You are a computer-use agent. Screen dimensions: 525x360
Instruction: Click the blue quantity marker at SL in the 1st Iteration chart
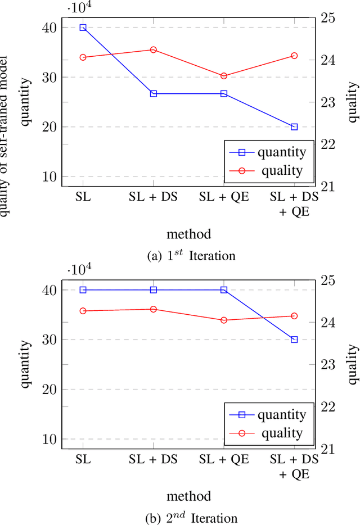pos(83,27)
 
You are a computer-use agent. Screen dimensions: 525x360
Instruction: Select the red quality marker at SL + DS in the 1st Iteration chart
pos(154,49)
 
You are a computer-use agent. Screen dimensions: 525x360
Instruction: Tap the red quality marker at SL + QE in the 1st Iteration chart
pos(224,76)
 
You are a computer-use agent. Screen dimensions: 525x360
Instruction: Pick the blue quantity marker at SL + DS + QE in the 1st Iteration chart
pos(294,127)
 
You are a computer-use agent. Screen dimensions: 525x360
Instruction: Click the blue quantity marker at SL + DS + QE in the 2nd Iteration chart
pos(294,340)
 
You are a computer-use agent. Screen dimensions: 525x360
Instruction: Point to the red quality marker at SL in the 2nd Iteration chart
pos(83,311)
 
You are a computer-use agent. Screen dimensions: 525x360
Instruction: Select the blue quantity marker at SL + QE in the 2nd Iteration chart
pos(224,290)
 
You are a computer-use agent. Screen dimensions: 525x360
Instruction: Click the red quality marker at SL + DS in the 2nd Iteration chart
pos(154,309)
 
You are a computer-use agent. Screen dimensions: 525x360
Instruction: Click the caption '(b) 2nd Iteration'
pos(191,518)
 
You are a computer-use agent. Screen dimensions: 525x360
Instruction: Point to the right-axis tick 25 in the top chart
pos(328,18)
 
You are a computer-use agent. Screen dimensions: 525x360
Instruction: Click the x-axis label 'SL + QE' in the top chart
pos(224,197)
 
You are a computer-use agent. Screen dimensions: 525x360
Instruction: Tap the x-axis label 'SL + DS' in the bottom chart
pos(154,459)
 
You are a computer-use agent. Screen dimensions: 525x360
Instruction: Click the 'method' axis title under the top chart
pos(189,233)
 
